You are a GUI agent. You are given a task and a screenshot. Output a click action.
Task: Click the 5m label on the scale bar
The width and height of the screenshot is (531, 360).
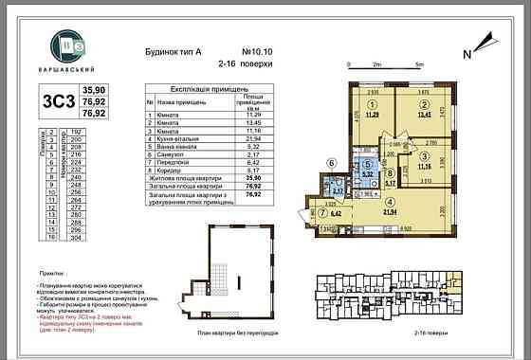[x=418, y=64]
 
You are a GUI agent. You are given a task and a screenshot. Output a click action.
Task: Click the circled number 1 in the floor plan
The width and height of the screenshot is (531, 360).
[x=373, y=105]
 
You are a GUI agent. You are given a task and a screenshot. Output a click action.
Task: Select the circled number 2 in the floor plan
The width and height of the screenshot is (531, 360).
[x=426, y=105]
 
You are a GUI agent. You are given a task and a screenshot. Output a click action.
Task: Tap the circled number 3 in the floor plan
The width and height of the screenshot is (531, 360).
[x=426, y=156]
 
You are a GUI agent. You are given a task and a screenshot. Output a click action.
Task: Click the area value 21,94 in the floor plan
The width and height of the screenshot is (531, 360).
[x=388, y=212]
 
